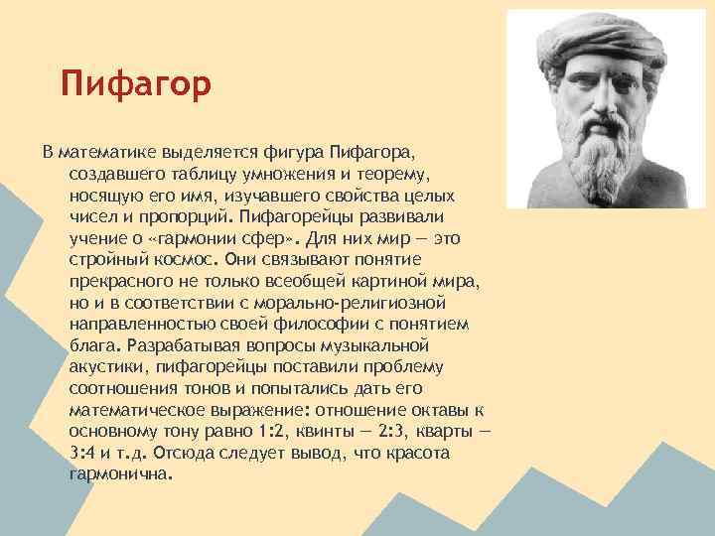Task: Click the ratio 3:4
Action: (x=84, y=454)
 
